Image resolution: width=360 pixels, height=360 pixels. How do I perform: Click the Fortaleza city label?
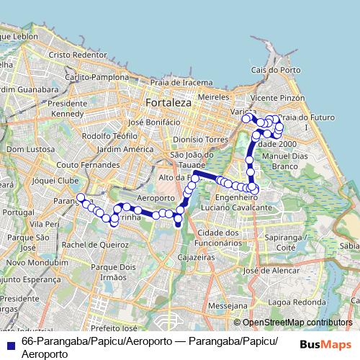coord(168,104)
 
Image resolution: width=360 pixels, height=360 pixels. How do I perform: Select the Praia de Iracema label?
coord(182,82)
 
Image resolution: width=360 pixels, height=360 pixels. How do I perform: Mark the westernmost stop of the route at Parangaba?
coord(81,197)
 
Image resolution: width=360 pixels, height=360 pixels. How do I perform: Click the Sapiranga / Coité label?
coord(282,241)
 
